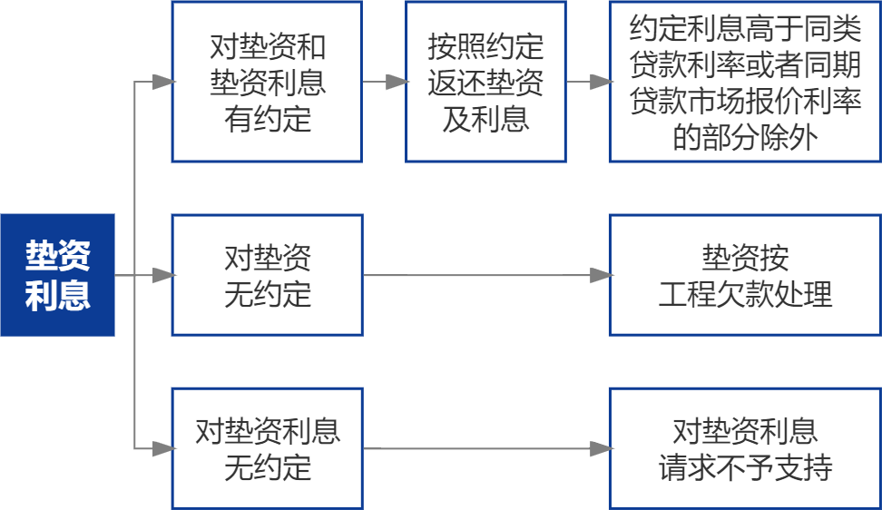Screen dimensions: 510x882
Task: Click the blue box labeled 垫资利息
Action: click(57, 275)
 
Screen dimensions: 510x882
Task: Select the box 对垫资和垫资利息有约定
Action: click(267, 82)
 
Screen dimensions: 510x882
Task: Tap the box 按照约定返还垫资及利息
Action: click(485, 82)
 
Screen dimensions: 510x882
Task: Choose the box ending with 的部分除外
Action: click(745, 82)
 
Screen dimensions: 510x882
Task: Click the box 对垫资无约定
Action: click(267, 275)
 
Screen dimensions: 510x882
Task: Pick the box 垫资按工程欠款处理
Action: click(745, 275)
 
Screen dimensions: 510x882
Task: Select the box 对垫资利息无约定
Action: click(267, 448)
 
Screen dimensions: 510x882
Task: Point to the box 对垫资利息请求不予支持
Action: click(745, 448)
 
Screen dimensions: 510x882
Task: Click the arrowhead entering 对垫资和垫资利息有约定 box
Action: click(163, 83)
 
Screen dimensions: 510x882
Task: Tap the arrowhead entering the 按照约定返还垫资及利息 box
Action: click(397, 83)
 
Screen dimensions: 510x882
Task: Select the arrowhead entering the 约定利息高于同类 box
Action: click(601, 83)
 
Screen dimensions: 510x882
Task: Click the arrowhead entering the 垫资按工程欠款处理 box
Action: click(601, 275)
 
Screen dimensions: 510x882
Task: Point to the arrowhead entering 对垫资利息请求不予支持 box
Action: click(601, 448)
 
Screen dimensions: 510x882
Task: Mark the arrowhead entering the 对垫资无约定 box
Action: click(163, 275)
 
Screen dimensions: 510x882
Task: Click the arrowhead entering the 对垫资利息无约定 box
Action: click(163, 448)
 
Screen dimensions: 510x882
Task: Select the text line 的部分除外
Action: click(745, 137)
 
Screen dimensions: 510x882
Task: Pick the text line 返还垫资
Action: click(485, 83)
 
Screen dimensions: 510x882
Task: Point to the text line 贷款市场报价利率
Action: click(745, 101)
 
